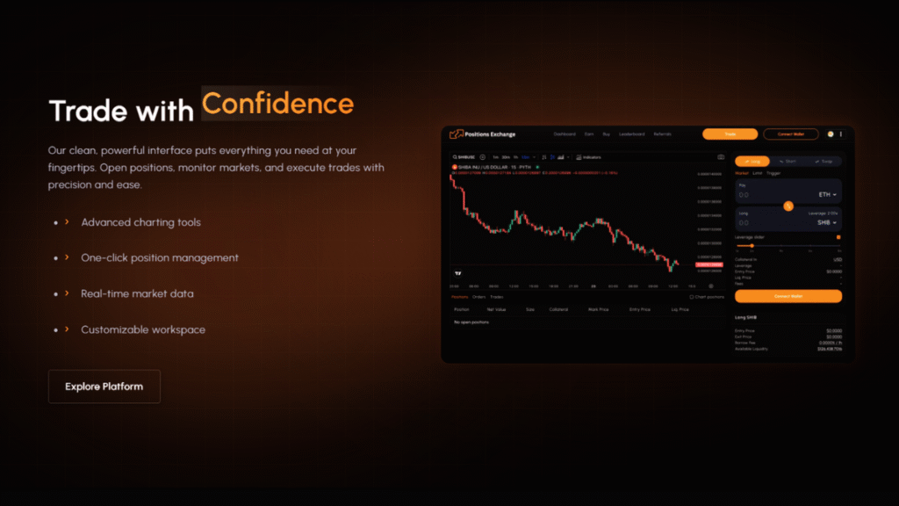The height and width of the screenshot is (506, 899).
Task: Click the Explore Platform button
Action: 104,387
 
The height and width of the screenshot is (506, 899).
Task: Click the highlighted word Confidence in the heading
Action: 277,104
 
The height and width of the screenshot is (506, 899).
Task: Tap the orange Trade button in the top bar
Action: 730,134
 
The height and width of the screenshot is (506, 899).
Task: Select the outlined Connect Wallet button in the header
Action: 790,134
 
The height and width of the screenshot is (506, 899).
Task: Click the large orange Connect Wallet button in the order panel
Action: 788,296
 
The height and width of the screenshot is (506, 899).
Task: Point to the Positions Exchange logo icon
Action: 456,134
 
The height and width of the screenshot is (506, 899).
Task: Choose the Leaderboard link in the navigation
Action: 631,134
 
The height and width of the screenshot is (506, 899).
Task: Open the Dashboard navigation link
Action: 565,134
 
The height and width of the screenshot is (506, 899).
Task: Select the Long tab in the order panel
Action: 752,162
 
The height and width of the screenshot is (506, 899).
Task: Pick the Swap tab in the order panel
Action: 823,162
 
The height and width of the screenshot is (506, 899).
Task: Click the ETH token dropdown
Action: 826,194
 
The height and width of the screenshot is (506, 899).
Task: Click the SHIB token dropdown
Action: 826,223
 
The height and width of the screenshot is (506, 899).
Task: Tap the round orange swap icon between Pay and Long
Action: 788,206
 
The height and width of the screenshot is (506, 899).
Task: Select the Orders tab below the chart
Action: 478,297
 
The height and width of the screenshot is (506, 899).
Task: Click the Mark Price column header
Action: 598,309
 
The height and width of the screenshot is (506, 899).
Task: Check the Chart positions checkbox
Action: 692,297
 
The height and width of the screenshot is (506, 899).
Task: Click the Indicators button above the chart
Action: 588,157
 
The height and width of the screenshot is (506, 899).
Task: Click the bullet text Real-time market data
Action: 137,293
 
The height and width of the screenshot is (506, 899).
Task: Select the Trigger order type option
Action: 773,173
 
